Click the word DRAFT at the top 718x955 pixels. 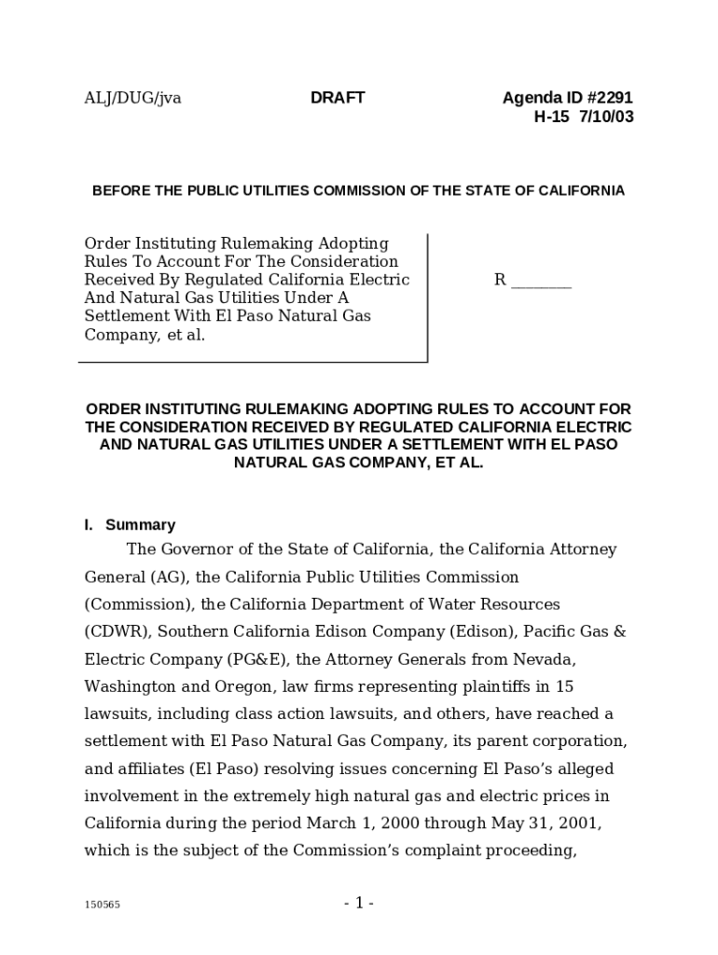338,98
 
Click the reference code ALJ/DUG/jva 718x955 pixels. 132,98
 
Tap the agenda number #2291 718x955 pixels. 606,98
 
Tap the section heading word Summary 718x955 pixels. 140,525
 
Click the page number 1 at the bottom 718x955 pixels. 359,903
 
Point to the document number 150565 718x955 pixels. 103,905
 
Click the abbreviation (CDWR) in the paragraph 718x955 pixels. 114,632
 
